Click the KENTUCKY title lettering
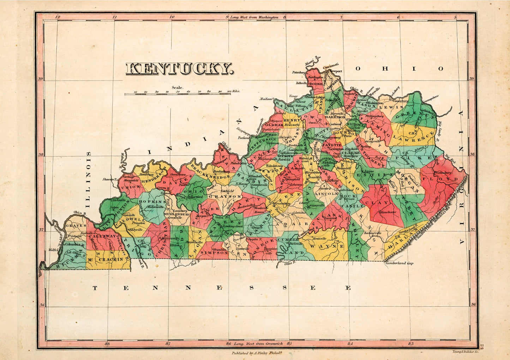coord(180,69)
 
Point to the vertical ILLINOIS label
coord(88,179)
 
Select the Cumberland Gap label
coord(399,263)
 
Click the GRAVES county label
coord(76,225)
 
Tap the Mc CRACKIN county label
coord(106,259)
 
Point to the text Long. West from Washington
coord(254,17)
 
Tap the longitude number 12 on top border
coord(58,17)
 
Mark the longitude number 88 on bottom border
coord(108,342)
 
